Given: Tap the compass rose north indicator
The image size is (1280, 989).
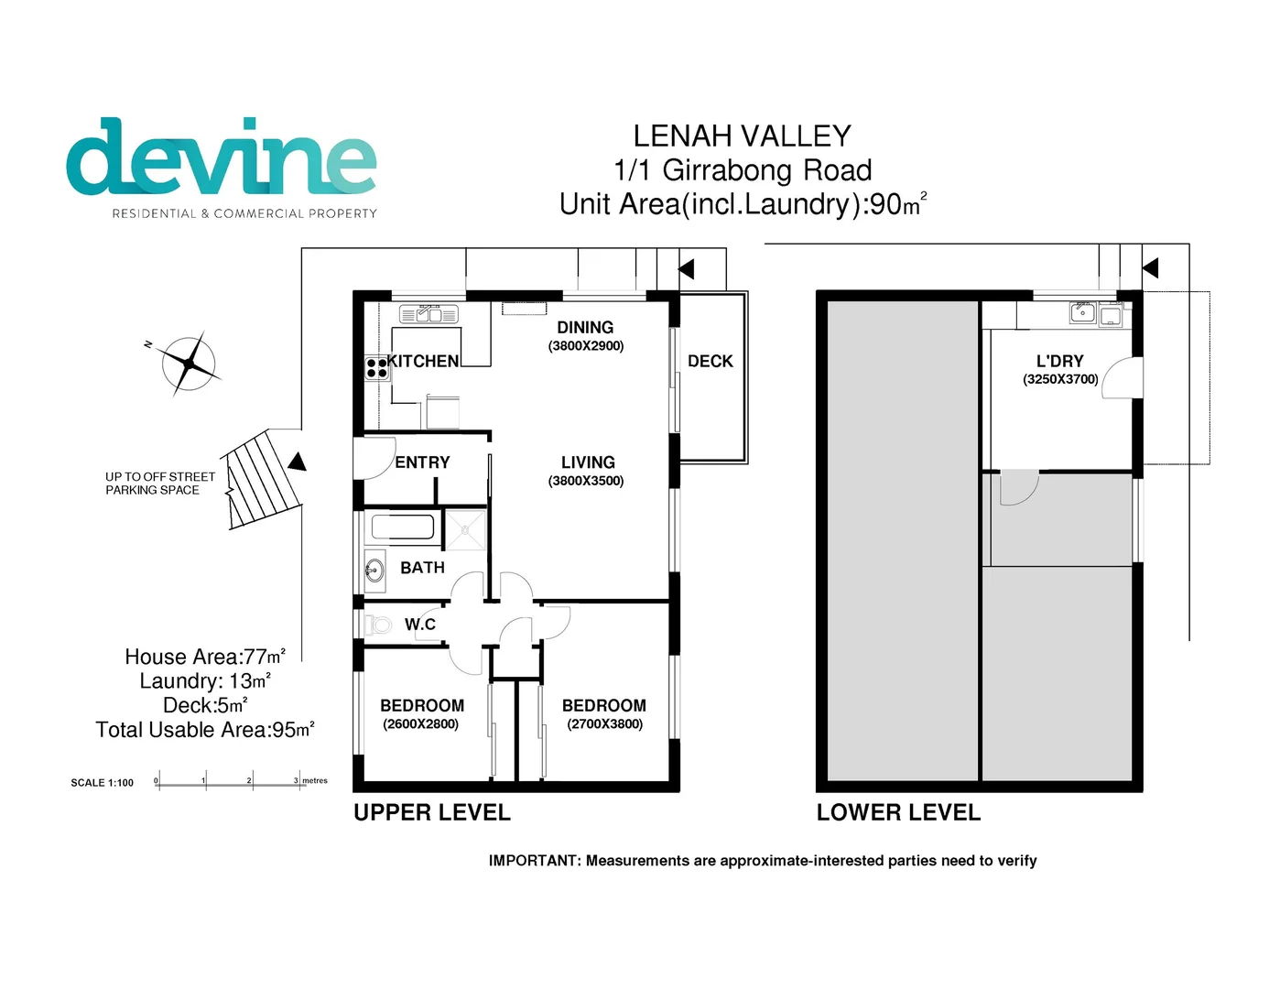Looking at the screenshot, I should [189, 364].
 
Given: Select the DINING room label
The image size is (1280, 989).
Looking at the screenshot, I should [585, 328].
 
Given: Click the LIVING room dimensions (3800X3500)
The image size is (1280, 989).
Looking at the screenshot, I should [586, 482].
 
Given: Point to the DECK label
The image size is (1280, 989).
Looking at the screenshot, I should [710, 362].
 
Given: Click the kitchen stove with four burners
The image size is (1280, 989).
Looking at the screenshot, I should [376, 368].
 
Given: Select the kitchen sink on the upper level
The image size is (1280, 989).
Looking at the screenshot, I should [428, 315].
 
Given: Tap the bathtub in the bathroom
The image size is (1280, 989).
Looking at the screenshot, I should [402, 527].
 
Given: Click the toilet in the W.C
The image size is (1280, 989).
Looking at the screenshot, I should [377, 625].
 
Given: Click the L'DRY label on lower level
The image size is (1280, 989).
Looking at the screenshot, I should [1059, 362].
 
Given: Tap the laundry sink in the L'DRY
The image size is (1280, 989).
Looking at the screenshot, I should [1083, 313].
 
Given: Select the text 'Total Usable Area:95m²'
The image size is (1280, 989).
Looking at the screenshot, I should [205, 730].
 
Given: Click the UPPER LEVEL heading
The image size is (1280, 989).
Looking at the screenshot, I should [432, 813].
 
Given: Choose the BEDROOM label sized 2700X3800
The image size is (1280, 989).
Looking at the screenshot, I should [603, 706].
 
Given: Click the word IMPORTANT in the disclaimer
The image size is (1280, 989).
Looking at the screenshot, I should [534, 861].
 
